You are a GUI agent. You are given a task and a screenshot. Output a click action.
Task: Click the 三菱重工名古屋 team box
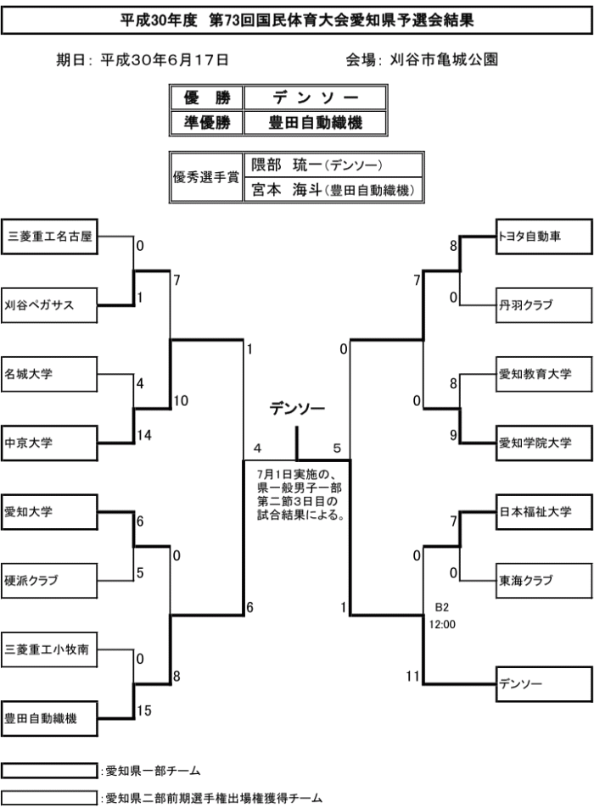tap(49, 237)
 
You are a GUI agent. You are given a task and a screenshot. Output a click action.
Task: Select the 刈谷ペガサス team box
tap(49, 305)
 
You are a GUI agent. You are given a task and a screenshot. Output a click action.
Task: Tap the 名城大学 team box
tap(49, 373)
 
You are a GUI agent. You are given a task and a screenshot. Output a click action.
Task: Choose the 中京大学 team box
tap(49, 442)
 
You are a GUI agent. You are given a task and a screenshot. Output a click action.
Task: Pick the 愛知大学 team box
tap(49, 511)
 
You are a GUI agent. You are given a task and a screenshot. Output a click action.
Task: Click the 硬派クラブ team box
tap(49, 580)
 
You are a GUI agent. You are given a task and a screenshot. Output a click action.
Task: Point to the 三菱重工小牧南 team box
tap(49, 649)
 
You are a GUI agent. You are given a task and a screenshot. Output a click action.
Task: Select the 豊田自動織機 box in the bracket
tap(49, 718)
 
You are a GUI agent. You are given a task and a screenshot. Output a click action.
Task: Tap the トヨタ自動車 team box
tap(543, 237)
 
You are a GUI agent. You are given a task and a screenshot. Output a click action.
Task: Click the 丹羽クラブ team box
tap(543, 304)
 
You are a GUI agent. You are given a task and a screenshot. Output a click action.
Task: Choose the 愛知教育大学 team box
tap(543, 373)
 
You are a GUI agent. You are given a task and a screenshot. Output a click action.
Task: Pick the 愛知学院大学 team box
tap(543, 442)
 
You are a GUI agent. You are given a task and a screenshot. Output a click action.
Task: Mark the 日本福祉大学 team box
tap(543, 511)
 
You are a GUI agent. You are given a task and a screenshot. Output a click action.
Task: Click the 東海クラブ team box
tap(543, 580)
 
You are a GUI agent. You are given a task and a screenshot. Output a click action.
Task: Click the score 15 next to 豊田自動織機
tap(143, 711)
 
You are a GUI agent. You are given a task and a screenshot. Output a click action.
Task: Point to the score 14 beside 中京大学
tap(143, 435)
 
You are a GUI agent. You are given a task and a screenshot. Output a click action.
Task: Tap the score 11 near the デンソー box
tap(413, 676)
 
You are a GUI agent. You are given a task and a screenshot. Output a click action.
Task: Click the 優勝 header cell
tap(207, 98)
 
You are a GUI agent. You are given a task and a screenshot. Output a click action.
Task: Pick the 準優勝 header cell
tap(207, 123)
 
